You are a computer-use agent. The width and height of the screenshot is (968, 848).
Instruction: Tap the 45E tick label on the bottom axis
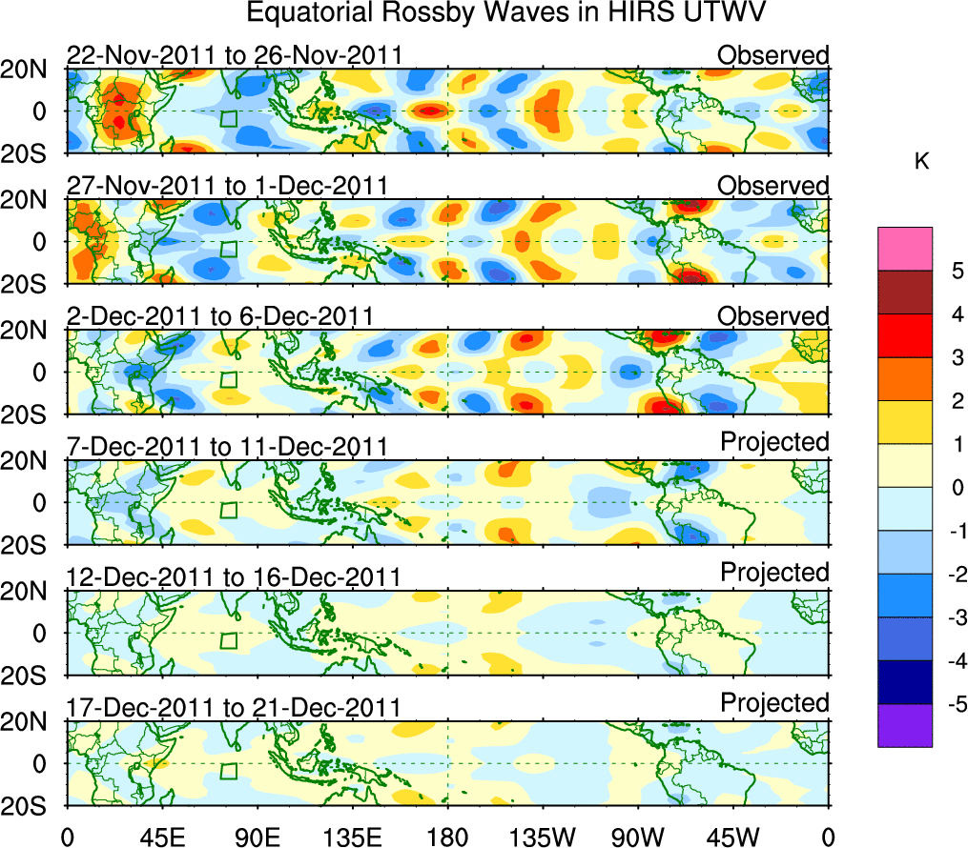tap(160, 836)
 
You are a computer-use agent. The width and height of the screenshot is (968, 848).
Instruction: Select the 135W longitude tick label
tap(544, 836)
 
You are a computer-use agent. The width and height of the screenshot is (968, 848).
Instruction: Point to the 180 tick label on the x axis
tap(447, 836)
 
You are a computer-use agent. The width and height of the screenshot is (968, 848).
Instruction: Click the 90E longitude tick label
tap(256, 836)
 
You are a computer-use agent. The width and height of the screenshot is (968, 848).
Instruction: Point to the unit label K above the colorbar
tap(921, 162)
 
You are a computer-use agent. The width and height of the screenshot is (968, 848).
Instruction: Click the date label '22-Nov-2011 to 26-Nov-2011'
tap(234, 55)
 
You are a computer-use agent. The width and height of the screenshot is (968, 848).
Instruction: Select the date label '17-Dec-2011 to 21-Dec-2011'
tap(234, 707)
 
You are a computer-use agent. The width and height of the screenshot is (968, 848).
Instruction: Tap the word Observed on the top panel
tap(773, 55)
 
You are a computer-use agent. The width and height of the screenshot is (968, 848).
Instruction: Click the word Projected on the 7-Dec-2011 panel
tap(774, 442)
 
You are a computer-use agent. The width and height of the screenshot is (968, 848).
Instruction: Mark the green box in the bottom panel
tap(228, 770)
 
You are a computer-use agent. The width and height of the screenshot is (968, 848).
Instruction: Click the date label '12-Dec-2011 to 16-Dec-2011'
tap(234, 576)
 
